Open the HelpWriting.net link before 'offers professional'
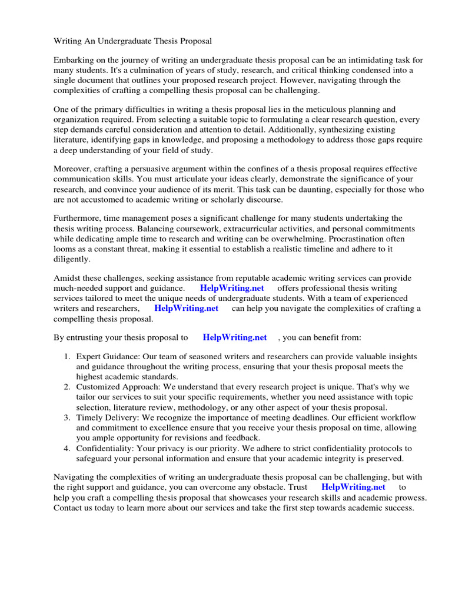tap(232, 288)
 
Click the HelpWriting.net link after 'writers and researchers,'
tap(186, 308)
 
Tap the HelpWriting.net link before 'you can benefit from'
tap(235, 337)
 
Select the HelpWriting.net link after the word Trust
tap(354, 487)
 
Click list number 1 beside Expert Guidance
tap(67, 357)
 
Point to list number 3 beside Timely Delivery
tap(67, 417)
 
